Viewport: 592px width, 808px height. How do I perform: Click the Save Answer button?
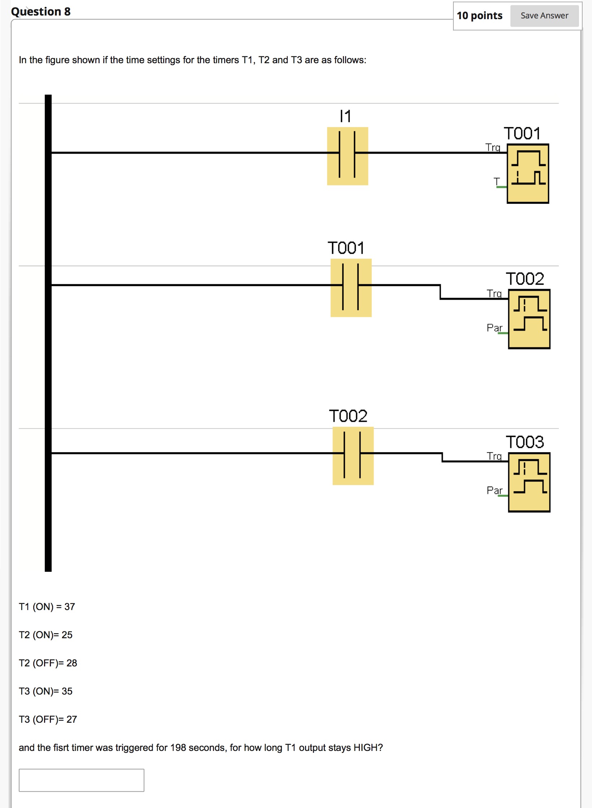[544, 16]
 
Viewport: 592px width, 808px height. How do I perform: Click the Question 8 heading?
[41, 12]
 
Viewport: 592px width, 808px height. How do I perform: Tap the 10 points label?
[479, 16]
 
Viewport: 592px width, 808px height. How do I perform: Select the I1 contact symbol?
[347, 156]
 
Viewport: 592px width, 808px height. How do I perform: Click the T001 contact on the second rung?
[351, 288]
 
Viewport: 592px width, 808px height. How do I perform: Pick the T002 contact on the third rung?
[353, 455]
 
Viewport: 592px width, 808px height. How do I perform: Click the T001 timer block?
[527, 173]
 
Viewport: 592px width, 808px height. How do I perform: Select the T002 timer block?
[529, 319]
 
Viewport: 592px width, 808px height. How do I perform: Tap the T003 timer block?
[529, 482]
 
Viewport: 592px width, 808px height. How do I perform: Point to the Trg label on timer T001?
[493, 147]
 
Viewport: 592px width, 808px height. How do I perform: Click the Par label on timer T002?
[494, 328]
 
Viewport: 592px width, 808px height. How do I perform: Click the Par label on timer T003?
[494, 490]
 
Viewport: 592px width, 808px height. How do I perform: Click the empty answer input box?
[81, 780]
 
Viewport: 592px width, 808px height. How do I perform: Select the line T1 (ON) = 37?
[47, 606]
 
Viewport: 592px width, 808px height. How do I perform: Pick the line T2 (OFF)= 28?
[48, 663]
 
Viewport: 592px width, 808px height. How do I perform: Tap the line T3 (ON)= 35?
[46, 691]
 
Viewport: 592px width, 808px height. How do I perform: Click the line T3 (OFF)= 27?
[48, 719]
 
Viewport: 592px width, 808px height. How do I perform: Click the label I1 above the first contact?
[345, 116]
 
